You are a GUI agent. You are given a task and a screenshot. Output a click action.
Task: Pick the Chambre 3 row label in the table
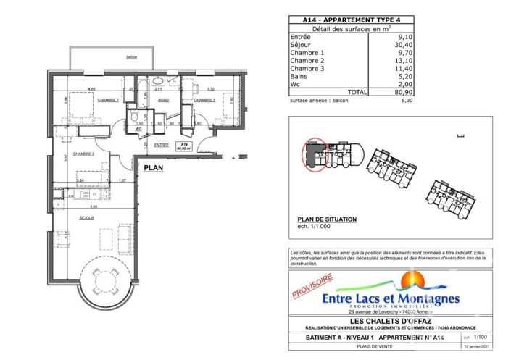[309, 69]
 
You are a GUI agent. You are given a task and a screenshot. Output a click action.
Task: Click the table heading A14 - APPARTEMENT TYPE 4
[343, 20]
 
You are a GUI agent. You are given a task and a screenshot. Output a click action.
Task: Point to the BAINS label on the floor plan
[164, 100]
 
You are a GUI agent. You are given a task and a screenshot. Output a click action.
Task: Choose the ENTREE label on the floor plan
[161, 145]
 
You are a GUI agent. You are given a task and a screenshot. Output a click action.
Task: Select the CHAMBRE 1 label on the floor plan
[207, 100]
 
